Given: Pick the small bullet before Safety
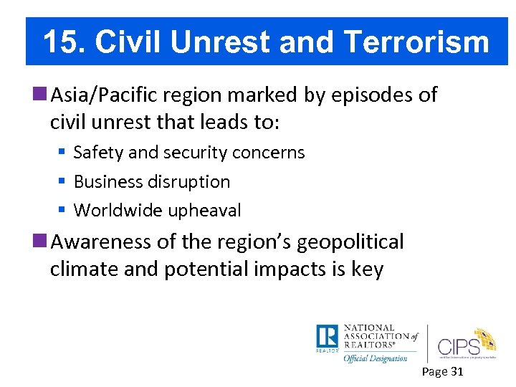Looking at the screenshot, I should pos(62,153).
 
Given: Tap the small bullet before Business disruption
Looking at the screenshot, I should pos(62,182).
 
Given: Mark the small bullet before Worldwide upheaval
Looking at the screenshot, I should pos(62,211).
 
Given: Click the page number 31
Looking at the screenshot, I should pos(455,371).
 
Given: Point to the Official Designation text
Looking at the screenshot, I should pos(375,358).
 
